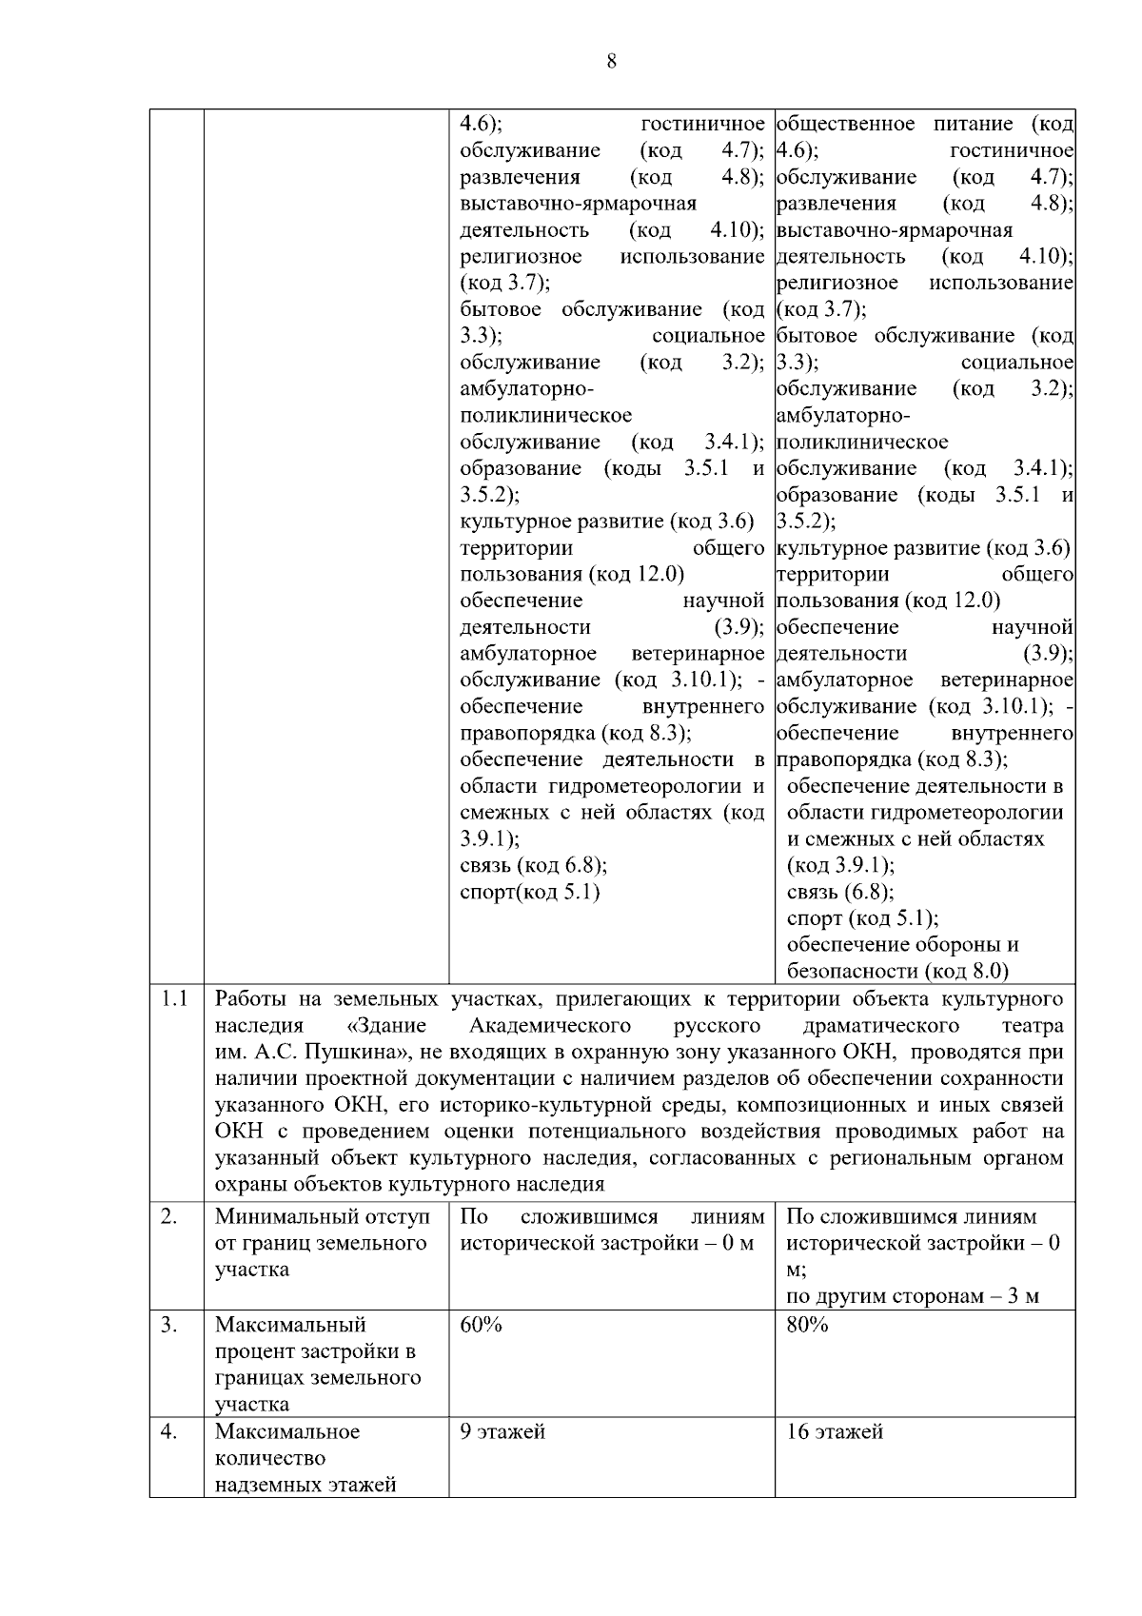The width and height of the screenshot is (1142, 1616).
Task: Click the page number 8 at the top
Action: tap(611, 62)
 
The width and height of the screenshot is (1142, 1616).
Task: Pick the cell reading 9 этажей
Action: tap(502, 1431)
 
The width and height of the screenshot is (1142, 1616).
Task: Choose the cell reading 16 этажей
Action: tap(835, 1431)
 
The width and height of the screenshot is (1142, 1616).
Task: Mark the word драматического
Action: tap(880, 1026)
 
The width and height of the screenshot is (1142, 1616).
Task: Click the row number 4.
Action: tap(168, 1431)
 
